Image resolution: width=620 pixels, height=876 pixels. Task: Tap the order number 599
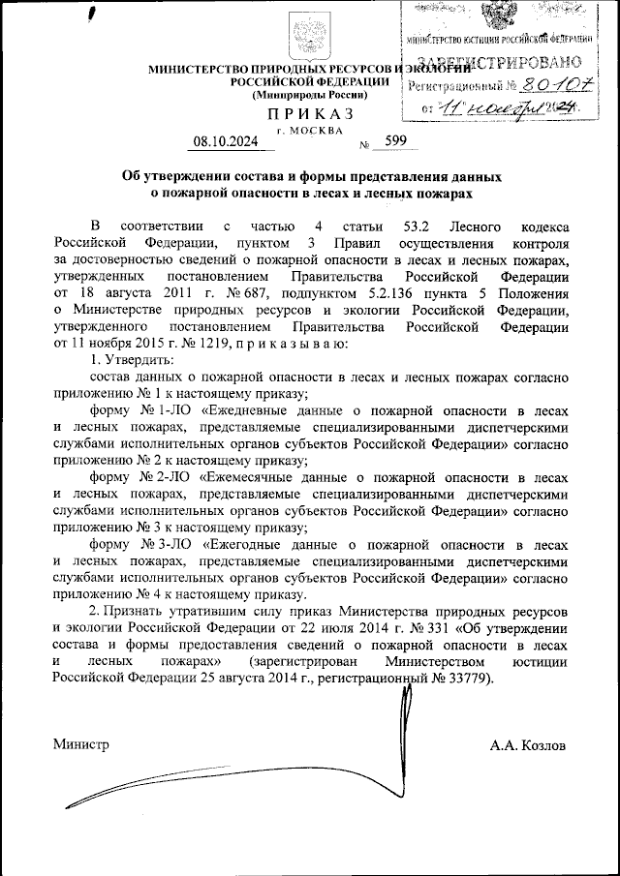[x=395, y=140]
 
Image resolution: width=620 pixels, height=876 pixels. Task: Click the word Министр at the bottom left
[x=81, y=745]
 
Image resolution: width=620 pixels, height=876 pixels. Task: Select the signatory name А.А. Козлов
[x=529, y=745]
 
